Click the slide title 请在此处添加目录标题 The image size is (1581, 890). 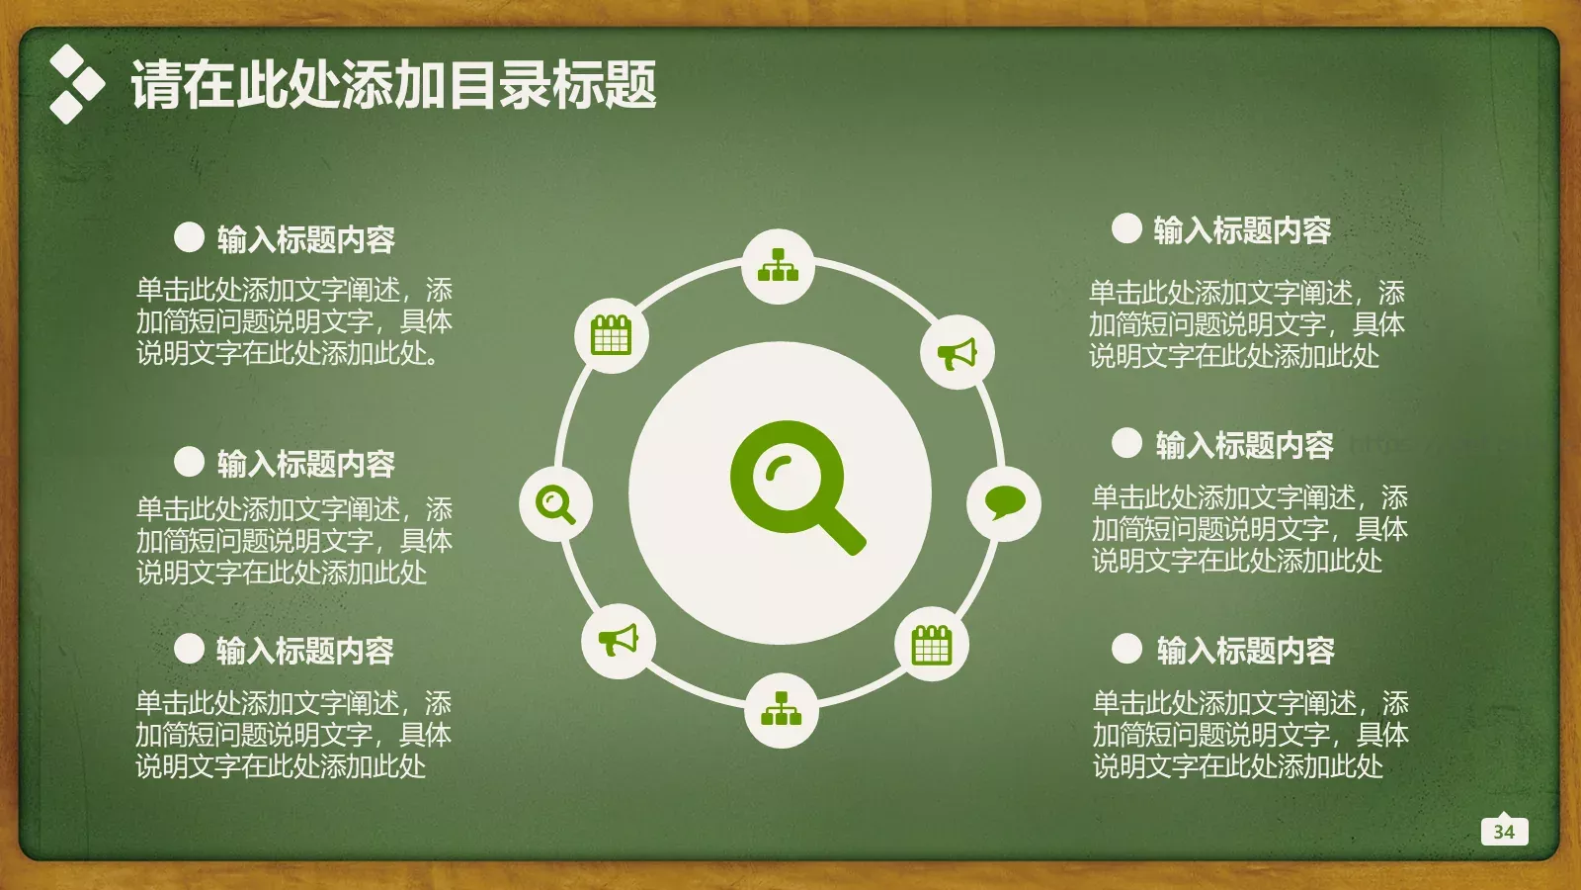click(393, 84)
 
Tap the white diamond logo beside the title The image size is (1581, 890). click(75, 84)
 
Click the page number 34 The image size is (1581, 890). click(1504, 832)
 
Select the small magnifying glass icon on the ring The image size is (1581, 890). click(555, 503)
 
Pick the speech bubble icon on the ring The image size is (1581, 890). click(1004, 503)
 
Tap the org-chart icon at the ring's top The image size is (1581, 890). click(779, 266)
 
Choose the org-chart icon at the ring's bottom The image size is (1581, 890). click(782, 709)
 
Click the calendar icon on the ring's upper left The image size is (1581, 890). click(611, 335)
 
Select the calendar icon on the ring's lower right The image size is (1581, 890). click(931, 645)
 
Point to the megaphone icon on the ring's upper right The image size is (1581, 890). click(957, 353)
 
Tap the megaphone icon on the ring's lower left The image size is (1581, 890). click(619, 641)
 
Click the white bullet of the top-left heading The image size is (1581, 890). click(189, 236)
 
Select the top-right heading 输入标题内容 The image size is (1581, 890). click(1242, 230)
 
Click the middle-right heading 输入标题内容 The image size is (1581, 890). click(1244, 445)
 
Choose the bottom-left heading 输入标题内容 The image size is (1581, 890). click(305, 650)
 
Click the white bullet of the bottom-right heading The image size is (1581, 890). click(1126, 648)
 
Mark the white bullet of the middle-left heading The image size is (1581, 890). click(189, 461)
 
